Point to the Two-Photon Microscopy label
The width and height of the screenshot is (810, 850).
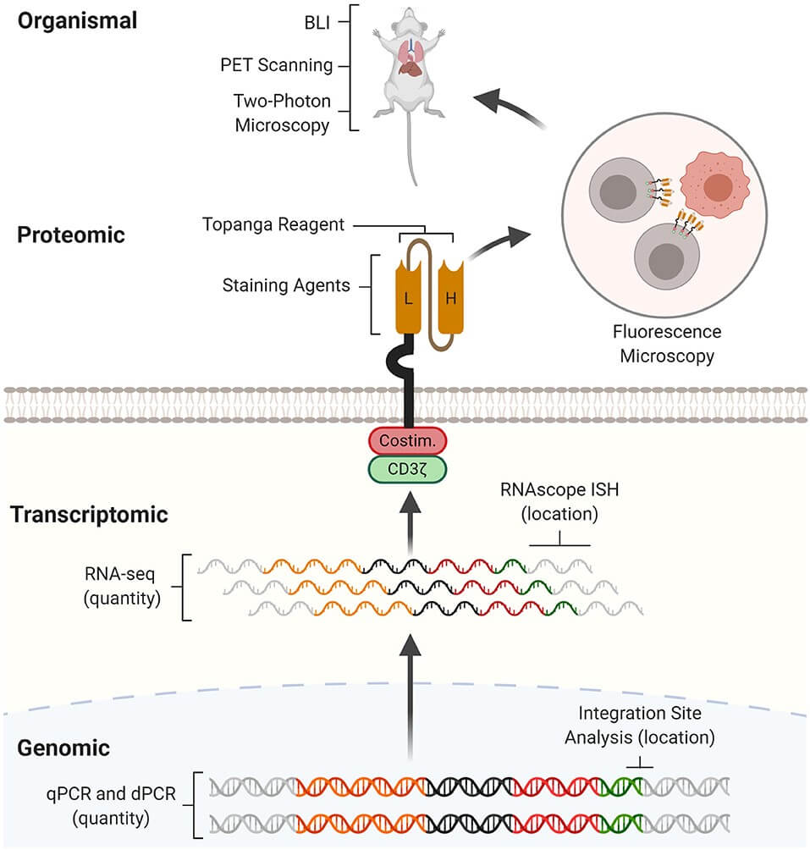[281, 113]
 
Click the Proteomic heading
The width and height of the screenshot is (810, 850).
[71, 235]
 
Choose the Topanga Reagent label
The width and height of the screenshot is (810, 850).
[273, 225]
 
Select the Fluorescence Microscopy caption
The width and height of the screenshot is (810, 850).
[669, 344]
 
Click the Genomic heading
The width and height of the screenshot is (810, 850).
[64, 748]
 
